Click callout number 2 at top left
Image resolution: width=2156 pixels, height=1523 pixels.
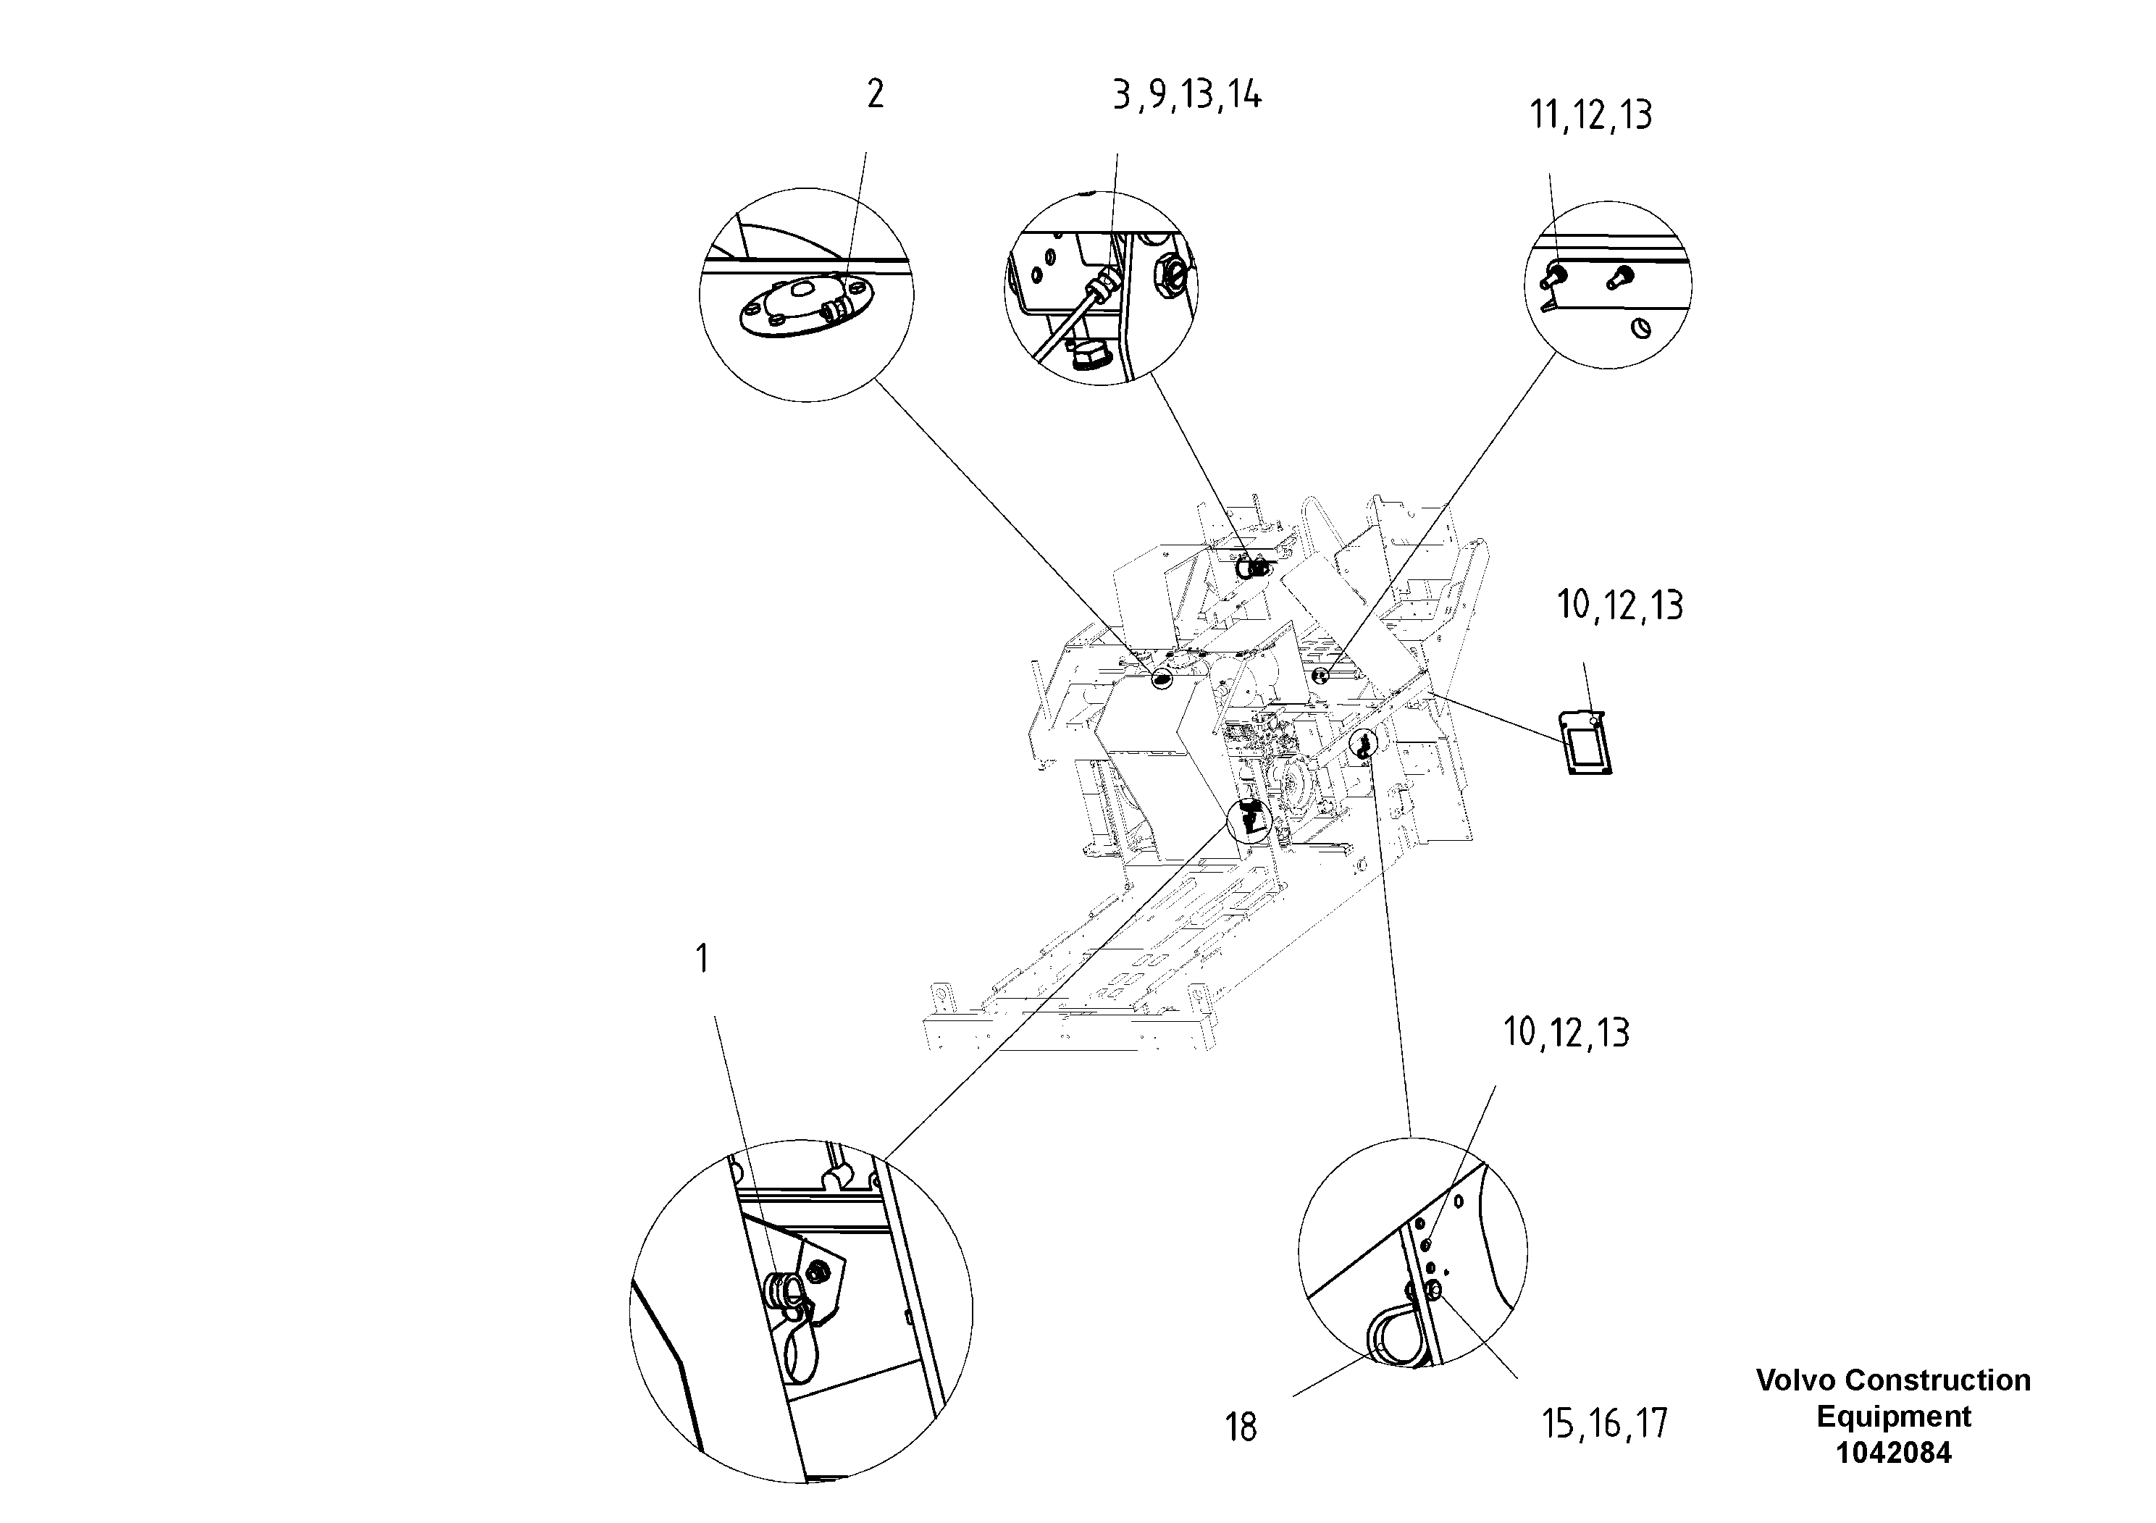click(874, 94)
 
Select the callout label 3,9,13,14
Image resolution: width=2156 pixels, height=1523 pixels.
click(1187, 95)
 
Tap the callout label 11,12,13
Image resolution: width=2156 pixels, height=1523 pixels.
click(1590, 114)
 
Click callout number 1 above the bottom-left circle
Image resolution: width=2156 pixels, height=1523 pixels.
click(702, 959)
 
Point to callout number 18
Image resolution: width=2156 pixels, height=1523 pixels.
click(1241, 1427)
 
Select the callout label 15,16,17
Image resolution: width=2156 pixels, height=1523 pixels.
click(1604, 1425)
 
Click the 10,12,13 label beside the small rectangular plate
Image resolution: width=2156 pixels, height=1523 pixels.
click(1620, 605)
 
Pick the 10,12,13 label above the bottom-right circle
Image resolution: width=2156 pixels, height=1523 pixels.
click(1566, 1032)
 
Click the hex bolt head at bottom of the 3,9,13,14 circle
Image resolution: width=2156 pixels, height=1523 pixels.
click(1089, 357)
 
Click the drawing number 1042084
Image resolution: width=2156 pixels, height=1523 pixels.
click(1893, 1453)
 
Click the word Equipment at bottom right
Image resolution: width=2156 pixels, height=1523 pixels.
click(1893, 1416)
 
